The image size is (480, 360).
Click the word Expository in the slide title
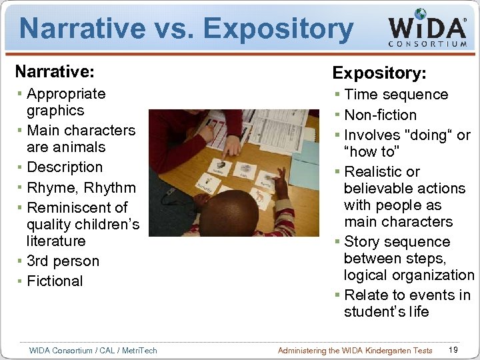tap(279, 29)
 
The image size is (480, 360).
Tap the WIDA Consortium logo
tap(427, 29)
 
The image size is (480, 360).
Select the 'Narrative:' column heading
tap(55, 71)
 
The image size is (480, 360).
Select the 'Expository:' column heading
tap(379, 72)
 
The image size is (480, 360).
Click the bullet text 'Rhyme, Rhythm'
tap(81, 187)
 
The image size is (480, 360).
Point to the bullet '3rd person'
tap(63, 261)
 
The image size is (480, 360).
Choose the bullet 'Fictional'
tap(55, 281)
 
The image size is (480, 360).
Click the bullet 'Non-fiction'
tap(380, 115)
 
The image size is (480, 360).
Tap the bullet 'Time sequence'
tap(396, 95)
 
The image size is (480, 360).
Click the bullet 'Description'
tap(65, 167)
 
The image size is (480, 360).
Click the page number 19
tap(453, 350)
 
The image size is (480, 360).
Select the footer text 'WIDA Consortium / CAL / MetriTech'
tap(93, 350)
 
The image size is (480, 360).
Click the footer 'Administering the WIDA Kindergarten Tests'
tap(355, 350)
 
